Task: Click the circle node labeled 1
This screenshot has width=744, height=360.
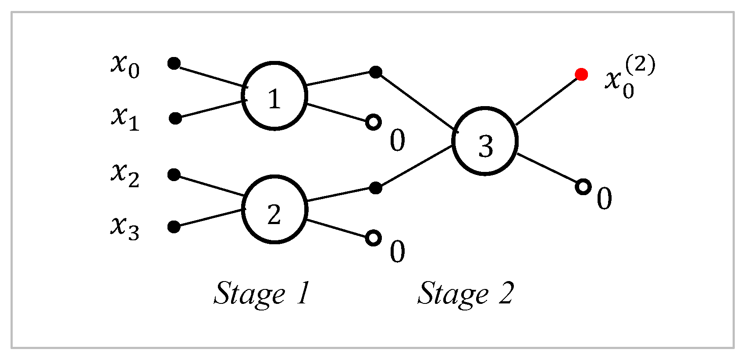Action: (x=274, y=96)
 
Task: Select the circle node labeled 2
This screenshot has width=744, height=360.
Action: (x=274, y=210)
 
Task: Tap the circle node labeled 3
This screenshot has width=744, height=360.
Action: (x=485, y=141)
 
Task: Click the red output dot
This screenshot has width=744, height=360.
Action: (x=581, y=75)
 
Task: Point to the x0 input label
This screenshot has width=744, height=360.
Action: (x=125, y=66)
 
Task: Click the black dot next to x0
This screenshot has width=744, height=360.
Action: (x=174, y=64)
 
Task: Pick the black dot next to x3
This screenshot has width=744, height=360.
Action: (x=174, y=227)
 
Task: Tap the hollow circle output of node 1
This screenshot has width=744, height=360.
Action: (x=373, y=122)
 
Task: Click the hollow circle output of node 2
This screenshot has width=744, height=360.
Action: (x=373, y=238)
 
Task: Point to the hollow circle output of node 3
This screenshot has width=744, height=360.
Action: (x=583, y=187)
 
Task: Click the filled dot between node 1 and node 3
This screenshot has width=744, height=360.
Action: (x=375, y=72)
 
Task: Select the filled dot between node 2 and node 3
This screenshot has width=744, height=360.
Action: (x=375, y=188)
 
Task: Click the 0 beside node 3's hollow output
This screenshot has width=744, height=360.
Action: (x=604, y=199)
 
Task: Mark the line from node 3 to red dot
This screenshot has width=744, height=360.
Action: (x=548, y=100)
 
